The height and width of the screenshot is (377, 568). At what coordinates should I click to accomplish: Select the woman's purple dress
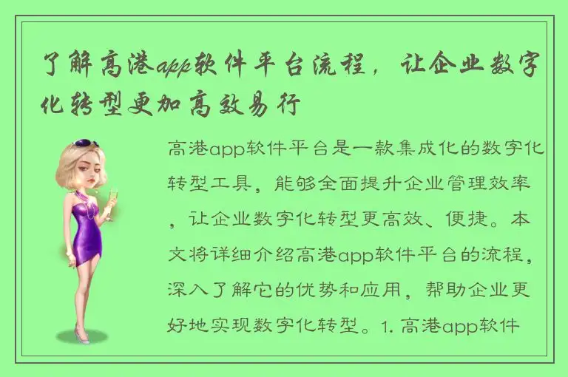[87, 229]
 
